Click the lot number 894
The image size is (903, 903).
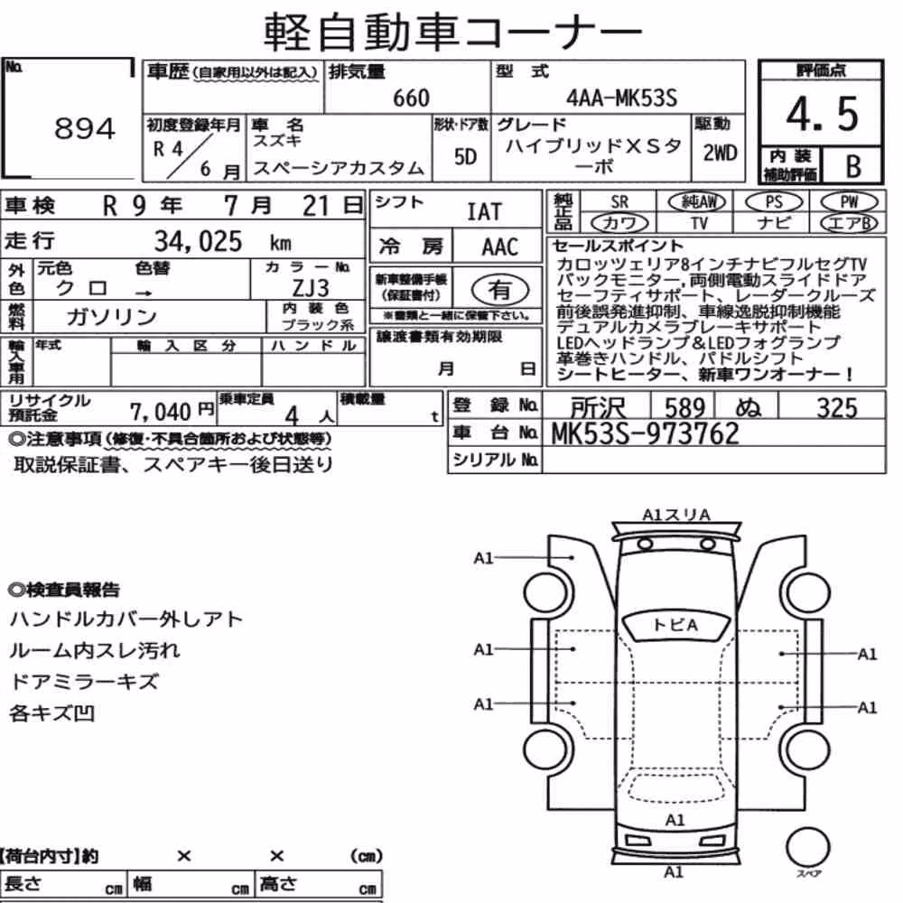85,128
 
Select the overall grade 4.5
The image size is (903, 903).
822,114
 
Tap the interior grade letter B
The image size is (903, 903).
853,166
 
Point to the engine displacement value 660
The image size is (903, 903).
411,98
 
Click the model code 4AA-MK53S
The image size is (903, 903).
621,98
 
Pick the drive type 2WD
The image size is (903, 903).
720,153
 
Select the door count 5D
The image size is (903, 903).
465,156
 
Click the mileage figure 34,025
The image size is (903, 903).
198,241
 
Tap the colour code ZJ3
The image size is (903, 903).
311,288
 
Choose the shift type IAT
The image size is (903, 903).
484,212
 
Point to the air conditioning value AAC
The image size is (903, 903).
500,247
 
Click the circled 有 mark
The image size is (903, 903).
500,290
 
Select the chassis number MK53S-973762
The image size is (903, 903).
645,433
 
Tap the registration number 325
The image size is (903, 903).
837,408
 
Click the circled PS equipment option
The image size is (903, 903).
774,202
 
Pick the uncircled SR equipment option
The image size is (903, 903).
619,202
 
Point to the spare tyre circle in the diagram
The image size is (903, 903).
808,847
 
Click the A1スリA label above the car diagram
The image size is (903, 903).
675,515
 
